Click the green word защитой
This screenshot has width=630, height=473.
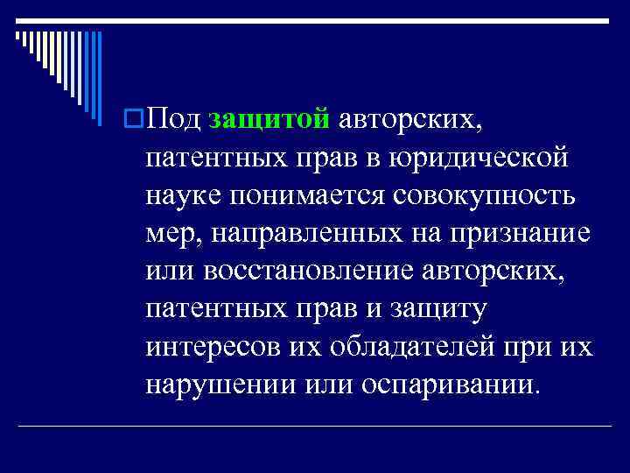point(269,119)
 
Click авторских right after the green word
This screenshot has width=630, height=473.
point(409,119)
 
